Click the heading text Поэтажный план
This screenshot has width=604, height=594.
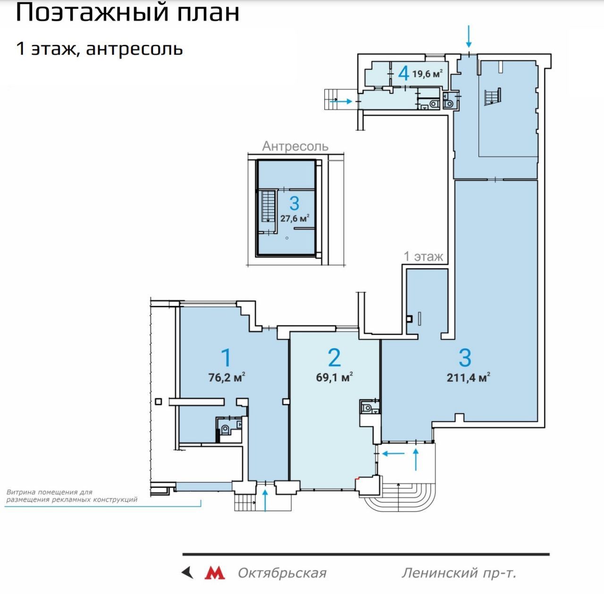(x=127, y=13)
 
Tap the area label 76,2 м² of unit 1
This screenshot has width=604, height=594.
(x=226, y=377)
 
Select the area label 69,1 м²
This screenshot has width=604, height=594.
(x=334, y=377)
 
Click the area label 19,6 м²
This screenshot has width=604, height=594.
(x=427, y=74)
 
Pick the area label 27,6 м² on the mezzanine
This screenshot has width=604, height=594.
(x=294, y=218)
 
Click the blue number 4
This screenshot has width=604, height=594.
(x=404, y=74)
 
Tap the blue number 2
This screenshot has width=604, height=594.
(x=335, y=358)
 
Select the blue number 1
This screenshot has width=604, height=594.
(x=226, y=358)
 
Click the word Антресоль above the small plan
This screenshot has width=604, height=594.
(x=295, y=146)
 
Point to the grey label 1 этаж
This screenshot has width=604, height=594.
(x=423, y=256)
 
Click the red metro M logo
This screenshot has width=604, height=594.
(x=215, y=573)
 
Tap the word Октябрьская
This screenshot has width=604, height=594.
(x=282, y=573)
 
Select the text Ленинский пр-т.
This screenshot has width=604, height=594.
(x=459, y=573)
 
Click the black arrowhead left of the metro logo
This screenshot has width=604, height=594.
(x=187, y=573)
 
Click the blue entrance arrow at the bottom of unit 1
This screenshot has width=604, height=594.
(x=265, y=500)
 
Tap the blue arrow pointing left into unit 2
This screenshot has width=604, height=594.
(x=393, y=453)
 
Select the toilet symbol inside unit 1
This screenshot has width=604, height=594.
(x=225, y=429)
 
